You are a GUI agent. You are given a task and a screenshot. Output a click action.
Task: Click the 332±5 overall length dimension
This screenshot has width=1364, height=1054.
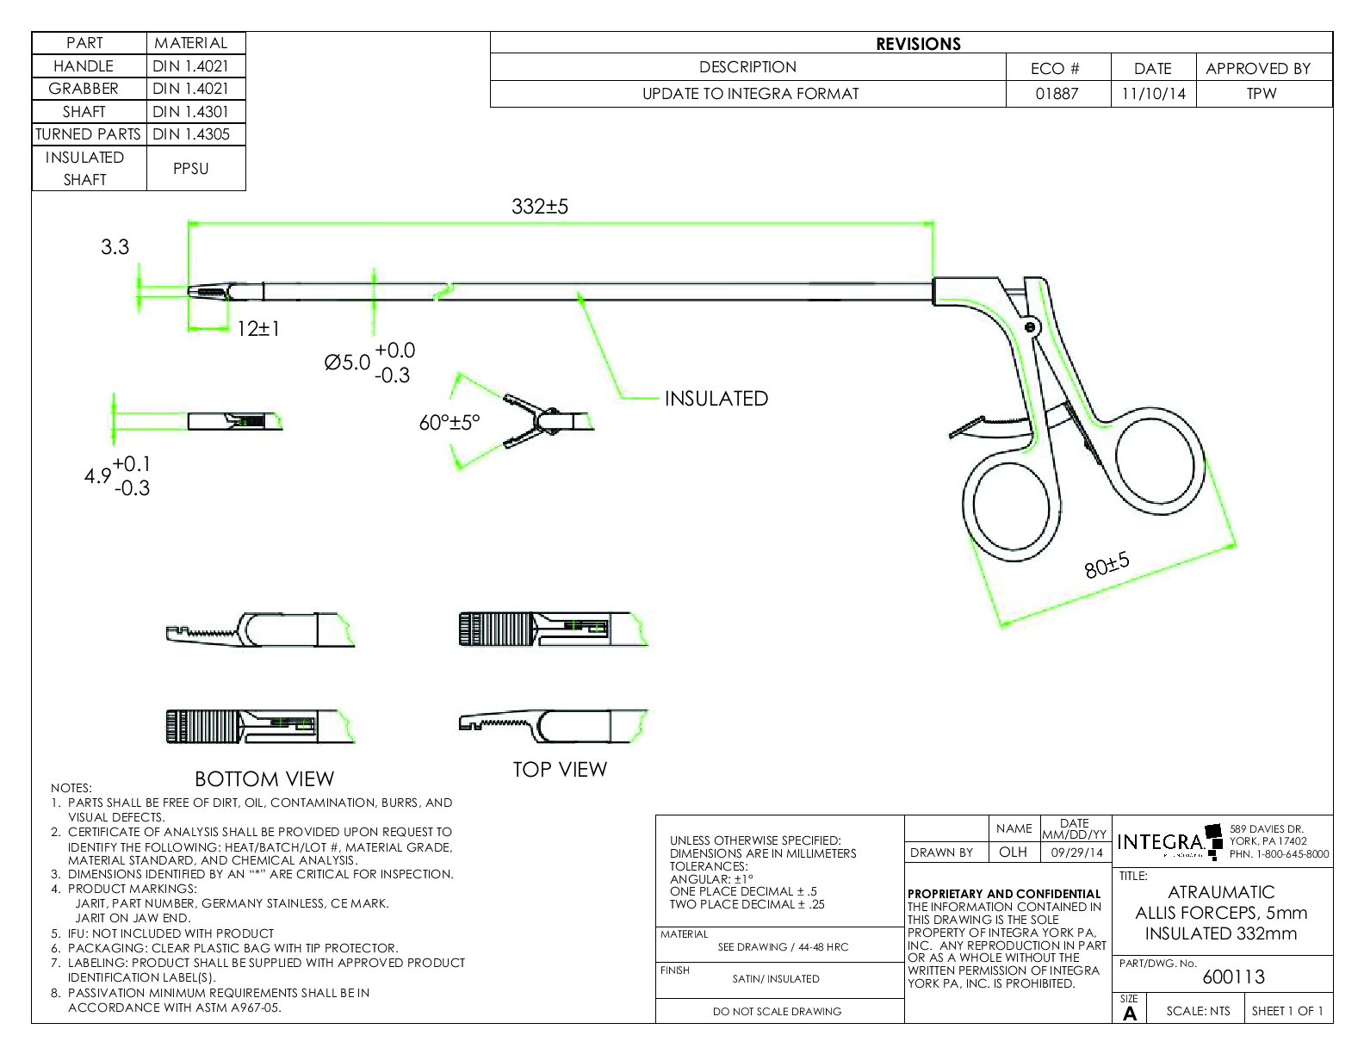(x=540, y=207)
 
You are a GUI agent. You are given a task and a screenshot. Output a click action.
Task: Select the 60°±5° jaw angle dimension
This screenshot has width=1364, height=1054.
(x=449, y=423)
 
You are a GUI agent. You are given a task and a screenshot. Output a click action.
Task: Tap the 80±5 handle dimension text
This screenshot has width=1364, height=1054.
(x=1107, y=566)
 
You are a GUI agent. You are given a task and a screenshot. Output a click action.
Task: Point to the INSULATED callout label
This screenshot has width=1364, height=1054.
(x=716, y=399)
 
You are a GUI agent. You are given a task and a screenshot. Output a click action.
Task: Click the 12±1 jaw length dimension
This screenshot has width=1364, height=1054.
(x=258, y=329)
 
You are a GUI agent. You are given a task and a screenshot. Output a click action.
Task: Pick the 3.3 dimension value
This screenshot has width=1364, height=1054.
(x=115, y=247)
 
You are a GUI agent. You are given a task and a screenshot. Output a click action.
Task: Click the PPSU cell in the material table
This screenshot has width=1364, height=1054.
(x=190, y=169)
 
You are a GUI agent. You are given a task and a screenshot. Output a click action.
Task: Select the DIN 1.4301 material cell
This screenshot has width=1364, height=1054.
(x=190, y=112)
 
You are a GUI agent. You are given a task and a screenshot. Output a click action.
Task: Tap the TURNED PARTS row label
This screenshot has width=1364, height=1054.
(x=88, y=134)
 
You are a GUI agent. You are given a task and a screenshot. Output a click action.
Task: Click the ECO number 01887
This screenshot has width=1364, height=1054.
(x=1057, y=94)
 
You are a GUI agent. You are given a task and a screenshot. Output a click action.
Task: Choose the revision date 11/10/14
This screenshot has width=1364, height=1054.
(x=1153, y=94)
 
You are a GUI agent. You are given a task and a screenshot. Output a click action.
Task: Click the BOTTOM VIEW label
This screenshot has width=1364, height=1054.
(x=264, y=779)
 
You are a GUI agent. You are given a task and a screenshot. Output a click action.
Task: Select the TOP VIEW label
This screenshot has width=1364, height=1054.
(x=560, y=770)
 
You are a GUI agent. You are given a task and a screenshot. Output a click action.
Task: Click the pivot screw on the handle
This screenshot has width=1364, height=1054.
(x=1029, y=326)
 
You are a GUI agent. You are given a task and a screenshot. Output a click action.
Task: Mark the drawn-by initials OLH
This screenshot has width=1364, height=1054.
(x=1013, y=852)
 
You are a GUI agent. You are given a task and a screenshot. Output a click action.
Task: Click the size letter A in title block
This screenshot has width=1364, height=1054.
(x=1130, y=1014)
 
